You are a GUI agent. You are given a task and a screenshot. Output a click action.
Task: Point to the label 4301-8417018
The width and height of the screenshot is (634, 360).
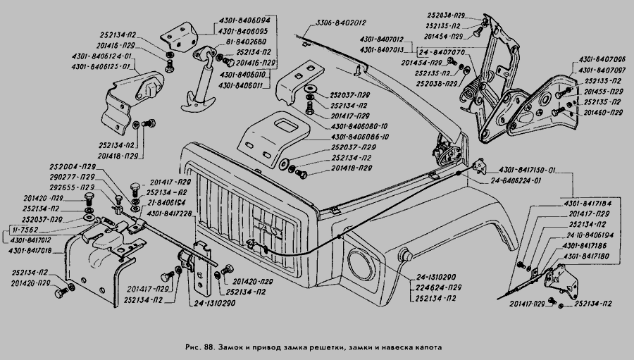coord(30,250)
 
